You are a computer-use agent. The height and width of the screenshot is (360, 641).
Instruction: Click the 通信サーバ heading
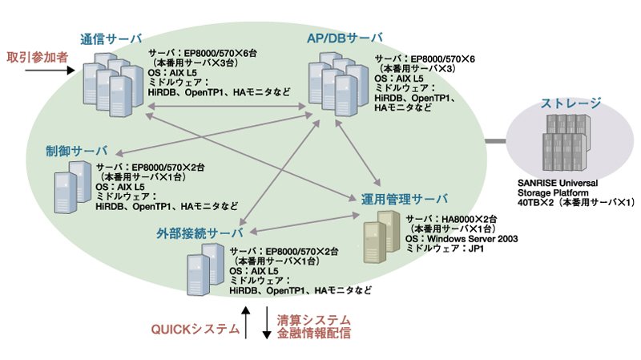(111, 38)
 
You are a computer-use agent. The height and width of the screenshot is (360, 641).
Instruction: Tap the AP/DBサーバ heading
(345, 38)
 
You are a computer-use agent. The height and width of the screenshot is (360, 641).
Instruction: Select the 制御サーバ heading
(76, 151)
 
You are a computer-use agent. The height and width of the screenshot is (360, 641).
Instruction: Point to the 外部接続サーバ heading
(200, 233)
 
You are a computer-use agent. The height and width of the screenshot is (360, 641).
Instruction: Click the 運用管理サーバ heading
(405, 199)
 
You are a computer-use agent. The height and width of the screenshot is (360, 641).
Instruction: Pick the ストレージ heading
(570, 103)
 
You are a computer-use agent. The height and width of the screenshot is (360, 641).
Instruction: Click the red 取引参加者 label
(37, 57)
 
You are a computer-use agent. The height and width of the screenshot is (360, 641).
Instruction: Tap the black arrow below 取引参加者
(50, 71)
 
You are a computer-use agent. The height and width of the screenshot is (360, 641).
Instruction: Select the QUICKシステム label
(195, 329)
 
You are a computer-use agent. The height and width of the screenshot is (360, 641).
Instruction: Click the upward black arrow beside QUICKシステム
(245, 322)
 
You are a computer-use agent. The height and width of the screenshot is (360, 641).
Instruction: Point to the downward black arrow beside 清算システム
(267, 323)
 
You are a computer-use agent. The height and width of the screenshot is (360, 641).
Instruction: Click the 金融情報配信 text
(314, 333)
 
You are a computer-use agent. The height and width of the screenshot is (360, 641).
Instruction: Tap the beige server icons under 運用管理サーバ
(381, 237)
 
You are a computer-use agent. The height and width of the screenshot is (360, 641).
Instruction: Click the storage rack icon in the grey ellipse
(566, 142)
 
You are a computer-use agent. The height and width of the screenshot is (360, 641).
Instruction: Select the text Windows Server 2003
(472, 238)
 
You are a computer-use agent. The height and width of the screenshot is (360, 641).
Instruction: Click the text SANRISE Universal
(558, 183)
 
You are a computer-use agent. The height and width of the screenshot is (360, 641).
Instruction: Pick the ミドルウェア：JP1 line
(445, 248)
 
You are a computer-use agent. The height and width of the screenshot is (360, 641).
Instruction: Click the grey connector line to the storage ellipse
(495, 142)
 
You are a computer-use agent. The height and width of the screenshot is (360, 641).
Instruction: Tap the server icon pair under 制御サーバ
(73, 187)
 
